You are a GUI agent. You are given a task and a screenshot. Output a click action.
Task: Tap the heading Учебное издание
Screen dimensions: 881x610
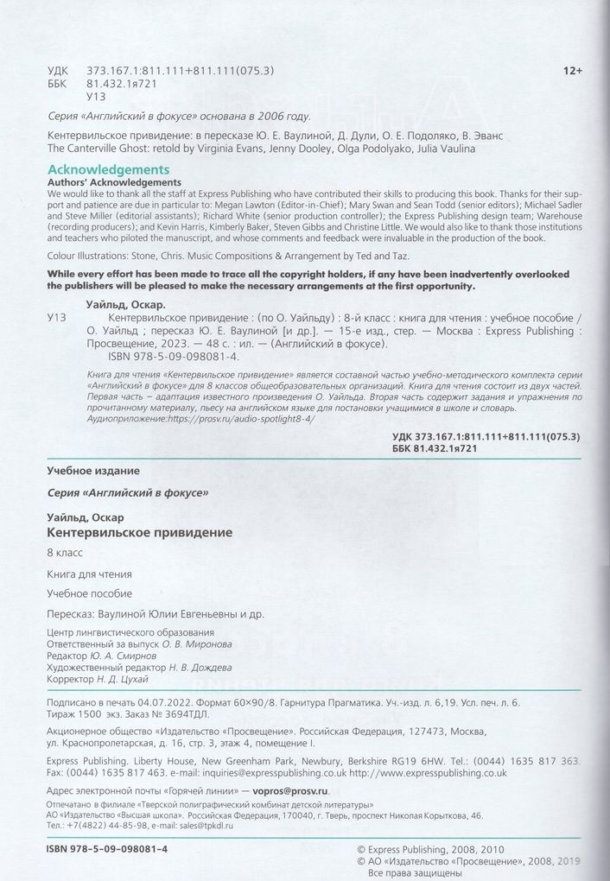pos(91,470)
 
